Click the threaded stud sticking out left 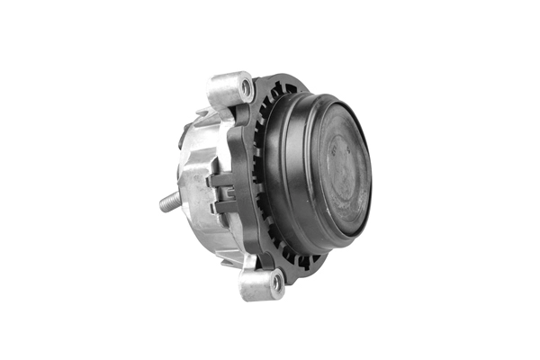pos(169,202)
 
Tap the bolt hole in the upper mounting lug pos(245,87)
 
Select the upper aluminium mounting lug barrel pos(229,88)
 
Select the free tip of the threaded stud pos(162,203)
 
